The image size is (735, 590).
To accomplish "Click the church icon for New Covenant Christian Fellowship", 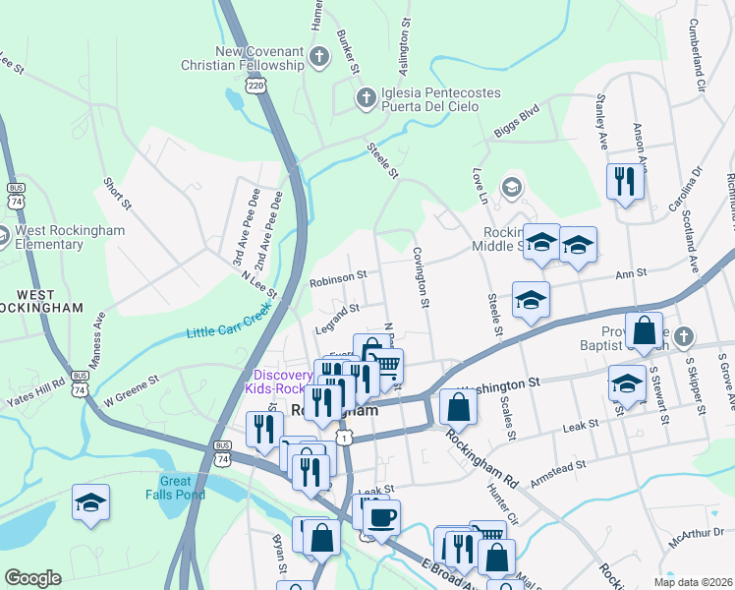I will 319,57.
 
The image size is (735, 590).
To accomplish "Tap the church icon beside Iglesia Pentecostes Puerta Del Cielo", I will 366,97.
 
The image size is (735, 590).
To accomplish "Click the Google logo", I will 32,578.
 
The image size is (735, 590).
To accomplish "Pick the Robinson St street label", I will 338,278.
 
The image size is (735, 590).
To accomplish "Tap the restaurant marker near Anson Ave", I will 625,181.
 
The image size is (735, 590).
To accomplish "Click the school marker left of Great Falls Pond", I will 90,502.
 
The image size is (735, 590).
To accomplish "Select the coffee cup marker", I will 381,517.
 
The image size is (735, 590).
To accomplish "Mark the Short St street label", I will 117,194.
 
